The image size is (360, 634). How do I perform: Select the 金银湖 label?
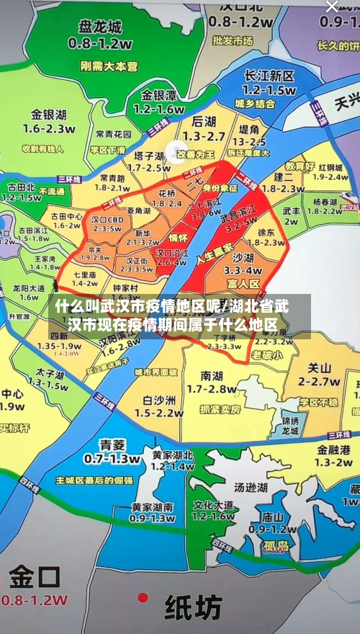(48, 115)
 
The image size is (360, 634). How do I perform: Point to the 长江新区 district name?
(269, 76)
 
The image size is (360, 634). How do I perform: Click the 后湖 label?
(204, 122)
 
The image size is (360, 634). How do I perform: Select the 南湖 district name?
(212, 375)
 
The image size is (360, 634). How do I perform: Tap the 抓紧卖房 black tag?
(220, 408)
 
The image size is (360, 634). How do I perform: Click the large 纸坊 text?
(194, 607)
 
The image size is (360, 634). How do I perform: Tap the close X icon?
(331, 6)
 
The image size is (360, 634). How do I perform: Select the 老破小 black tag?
(267, 355)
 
